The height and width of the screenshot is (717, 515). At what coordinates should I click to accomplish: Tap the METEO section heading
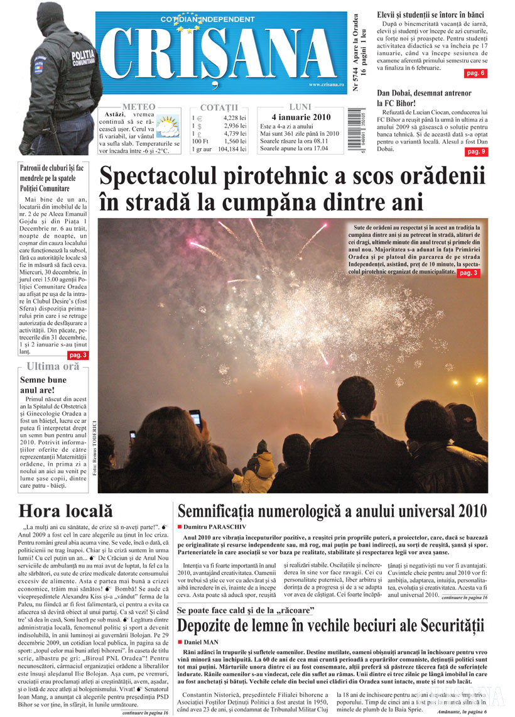tap(139, 107)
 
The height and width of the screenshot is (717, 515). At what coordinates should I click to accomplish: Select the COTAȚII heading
tap(219, 107)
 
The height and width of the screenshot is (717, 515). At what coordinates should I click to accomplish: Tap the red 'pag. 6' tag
tap(475, 74)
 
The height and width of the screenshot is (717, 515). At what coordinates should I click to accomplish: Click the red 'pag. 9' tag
tap(475, 151)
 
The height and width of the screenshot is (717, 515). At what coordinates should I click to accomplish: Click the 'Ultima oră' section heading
tap(53, 366)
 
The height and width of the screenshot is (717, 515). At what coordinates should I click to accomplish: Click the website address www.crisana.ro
tap(327, 85)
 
